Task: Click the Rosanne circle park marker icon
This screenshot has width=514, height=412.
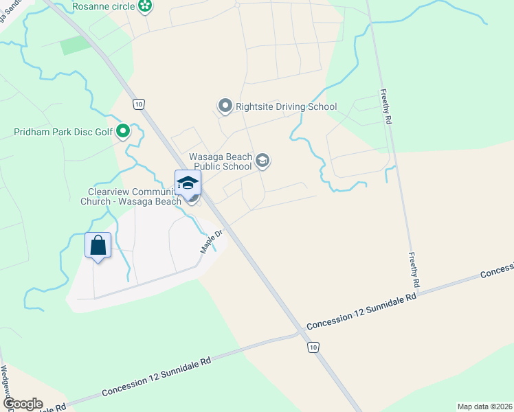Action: (145, 7)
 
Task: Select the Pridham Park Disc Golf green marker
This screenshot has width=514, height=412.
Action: (123, 130)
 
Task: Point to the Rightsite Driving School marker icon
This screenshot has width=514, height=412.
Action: (225, 106)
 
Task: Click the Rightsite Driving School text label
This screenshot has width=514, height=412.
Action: (286, 106)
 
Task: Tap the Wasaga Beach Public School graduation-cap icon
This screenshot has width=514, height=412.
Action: (262, 161)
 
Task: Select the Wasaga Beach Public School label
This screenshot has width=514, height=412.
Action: (221, 161)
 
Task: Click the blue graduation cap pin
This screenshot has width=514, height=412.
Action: (188, 183)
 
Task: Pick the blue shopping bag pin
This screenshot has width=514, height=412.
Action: (98, 245)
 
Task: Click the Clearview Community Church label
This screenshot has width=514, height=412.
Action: (134, 196)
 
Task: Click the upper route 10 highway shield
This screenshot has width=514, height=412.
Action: (139, 104)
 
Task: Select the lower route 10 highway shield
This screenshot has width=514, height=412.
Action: (313, 348)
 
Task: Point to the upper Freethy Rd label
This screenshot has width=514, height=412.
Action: (388, 106)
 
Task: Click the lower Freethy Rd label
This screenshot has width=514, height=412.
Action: (414, 268)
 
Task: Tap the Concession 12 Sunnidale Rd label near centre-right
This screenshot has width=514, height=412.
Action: (362, 311)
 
